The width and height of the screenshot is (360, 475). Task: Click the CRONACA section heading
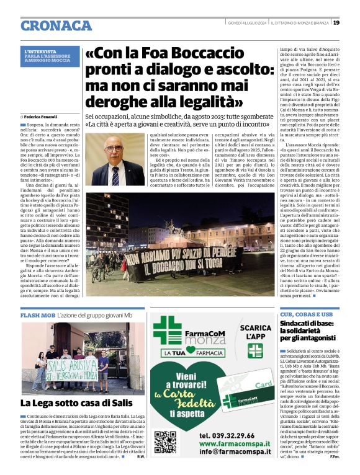point(56,25)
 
